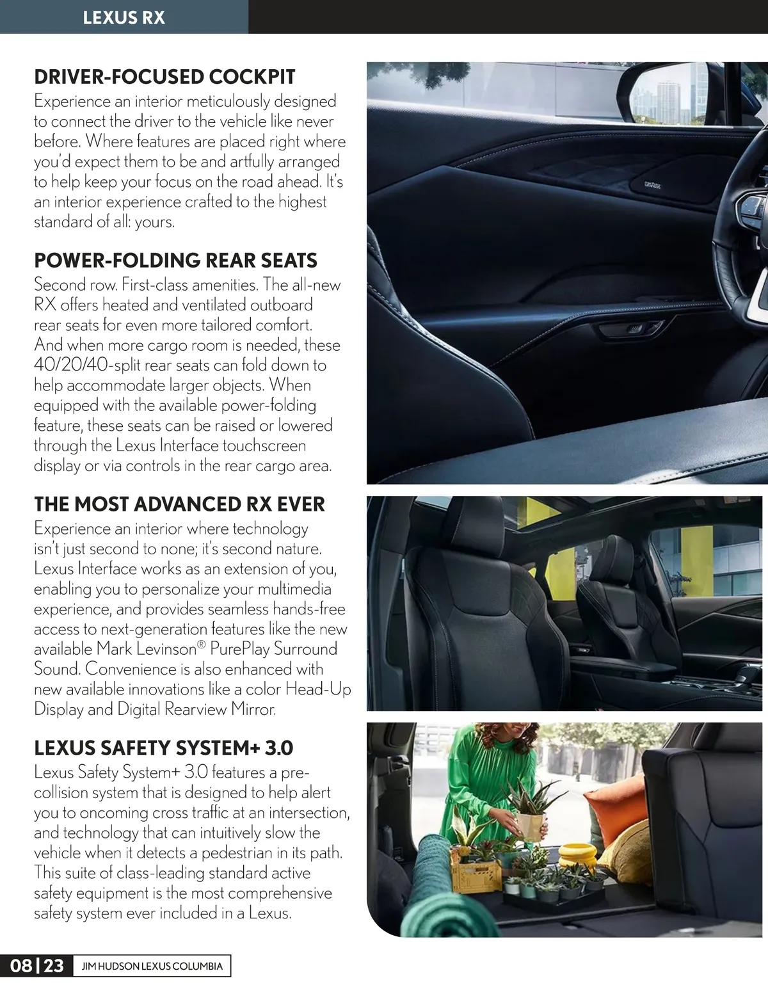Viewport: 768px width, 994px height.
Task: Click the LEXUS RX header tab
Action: click(124, 17)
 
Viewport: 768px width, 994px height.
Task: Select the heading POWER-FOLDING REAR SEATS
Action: click(175, 261)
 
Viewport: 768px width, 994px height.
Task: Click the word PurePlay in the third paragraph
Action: click(239, 649)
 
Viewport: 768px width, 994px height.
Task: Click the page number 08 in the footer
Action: click(21, 966)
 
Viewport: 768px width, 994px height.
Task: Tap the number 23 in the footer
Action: click(54, 966)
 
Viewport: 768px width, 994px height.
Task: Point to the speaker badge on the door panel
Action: click(652, 186)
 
